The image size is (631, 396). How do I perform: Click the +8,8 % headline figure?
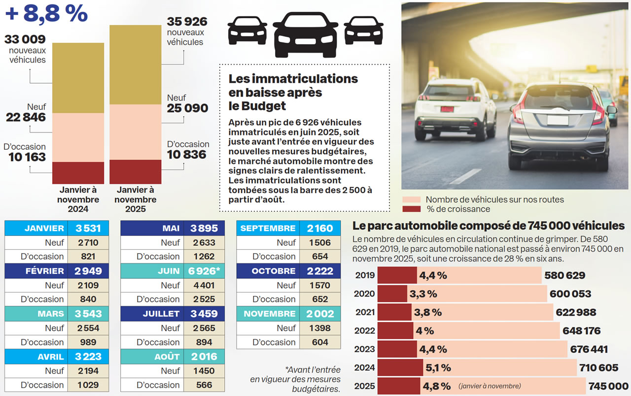46,14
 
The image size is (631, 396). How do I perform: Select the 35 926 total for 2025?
187,22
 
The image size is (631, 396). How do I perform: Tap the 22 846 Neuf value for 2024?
26,117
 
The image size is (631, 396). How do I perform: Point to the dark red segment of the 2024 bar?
78,172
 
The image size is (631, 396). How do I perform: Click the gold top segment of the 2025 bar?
135,64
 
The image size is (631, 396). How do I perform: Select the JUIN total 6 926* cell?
204,271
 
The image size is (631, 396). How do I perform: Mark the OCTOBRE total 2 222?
320,271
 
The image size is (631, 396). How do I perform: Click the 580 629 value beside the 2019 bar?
565,275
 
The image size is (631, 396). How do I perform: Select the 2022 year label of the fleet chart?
365,330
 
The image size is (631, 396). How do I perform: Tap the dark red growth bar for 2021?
394,312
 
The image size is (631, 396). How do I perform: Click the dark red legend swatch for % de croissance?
411,209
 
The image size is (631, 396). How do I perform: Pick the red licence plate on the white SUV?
447,109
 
